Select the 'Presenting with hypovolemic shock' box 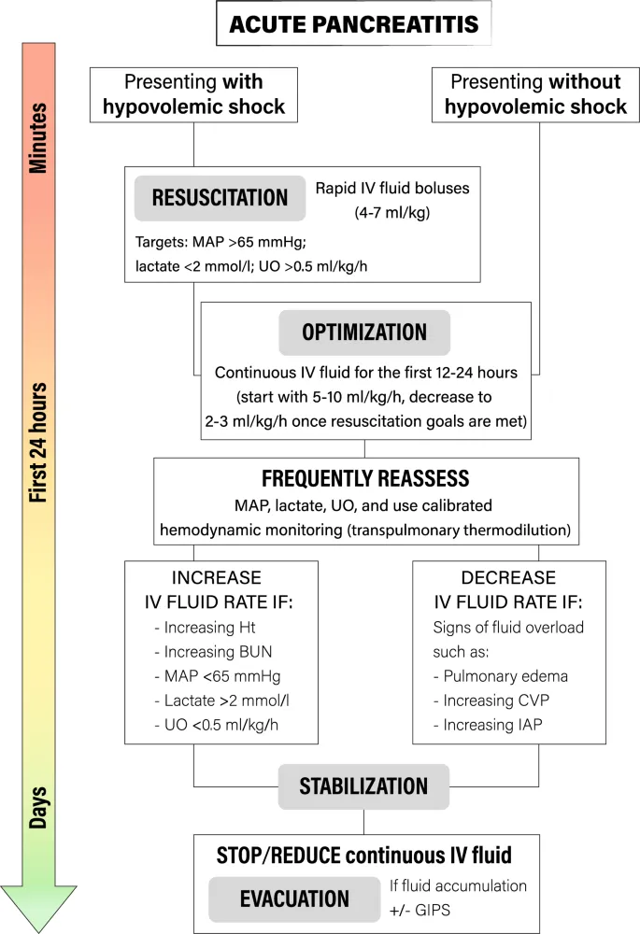[193, 95]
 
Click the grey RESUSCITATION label [220, 197]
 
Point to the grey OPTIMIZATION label [364, 333]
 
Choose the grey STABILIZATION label [363, 785]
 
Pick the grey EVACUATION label [294, 899]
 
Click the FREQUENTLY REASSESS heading [364, 479]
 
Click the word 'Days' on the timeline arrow [38, 800]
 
